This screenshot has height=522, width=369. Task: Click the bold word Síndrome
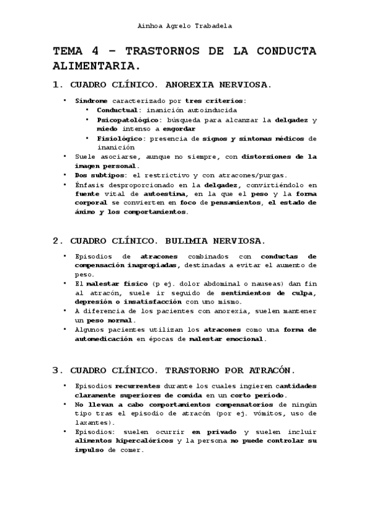coord(91,100)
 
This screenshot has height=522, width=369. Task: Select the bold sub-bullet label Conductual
coord(116,110)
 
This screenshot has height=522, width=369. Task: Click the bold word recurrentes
coord(137,385)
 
